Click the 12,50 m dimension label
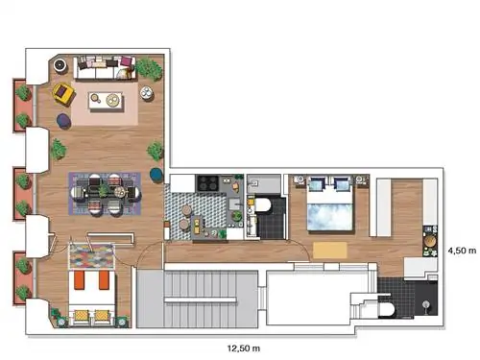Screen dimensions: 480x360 click(244, 348)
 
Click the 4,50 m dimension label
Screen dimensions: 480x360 click(462, 251)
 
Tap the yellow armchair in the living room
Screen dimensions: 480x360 click(64, 94)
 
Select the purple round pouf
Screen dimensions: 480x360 click(64, 121)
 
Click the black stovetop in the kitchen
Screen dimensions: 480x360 click(207, 183)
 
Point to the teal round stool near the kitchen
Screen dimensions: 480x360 click(156, 175)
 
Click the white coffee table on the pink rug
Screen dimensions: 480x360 click(106, 100)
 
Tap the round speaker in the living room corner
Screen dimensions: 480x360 click(60, 65)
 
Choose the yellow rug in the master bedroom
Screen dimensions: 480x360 click(330, 251)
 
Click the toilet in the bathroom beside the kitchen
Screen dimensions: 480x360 click(262, 204)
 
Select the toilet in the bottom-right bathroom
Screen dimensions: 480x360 click(386, 310)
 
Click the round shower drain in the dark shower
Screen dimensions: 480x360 click(426, 304)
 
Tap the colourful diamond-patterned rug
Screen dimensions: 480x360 click(92, 256)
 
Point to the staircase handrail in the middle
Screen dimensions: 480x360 click(201, 300)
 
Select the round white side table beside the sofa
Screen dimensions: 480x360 click(147, 93)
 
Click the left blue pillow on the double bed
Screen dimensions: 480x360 click(316, 185)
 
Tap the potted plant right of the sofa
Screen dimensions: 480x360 click(149, 68)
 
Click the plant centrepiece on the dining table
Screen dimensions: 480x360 click(104, 190)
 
